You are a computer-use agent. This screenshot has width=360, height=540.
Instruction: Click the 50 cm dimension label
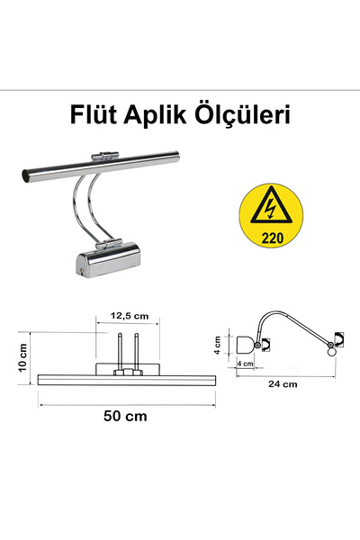[126, 417]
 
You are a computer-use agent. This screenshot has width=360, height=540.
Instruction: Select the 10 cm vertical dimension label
[24, 361]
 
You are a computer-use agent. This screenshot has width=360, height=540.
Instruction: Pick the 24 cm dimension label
[283, 383]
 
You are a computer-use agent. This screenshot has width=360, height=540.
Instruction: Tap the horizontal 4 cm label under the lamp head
[245, 364]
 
